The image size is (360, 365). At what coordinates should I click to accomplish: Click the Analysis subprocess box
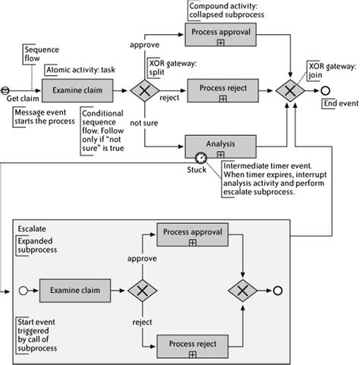pos(219,145)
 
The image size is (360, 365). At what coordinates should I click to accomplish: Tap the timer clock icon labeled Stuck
pos(200,158)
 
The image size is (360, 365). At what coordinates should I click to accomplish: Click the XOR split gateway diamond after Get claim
pos(142,91)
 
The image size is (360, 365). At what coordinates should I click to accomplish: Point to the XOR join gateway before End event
pos(290,91)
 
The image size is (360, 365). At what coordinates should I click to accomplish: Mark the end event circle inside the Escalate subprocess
pos(278,290)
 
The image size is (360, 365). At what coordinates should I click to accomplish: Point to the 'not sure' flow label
pos(144,121)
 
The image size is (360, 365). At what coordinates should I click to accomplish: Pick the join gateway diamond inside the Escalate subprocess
pos(243,290)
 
